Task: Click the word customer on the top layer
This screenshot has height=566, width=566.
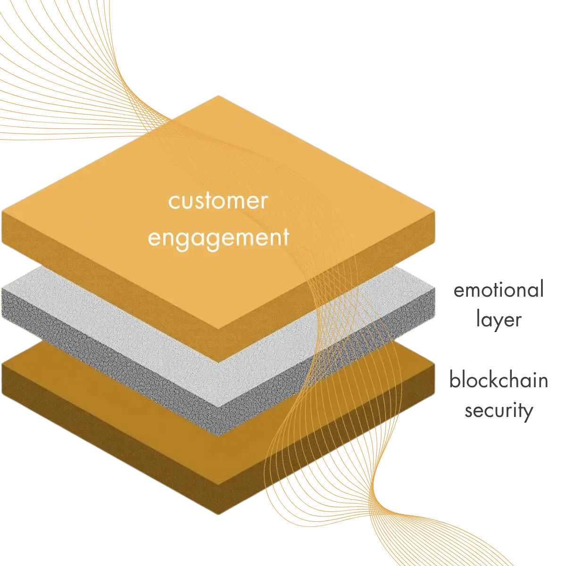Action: (218, 201)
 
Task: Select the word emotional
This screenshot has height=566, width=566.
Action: (499, 290)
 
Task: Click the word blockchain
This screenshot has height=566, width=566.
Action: (499, 380)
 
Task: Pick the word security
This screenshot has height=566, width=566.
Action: (499, 410)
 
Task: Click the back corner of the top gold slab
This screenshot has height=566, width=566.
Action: (218, 95)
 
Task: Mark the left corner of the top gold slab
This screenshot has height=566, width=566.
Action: (2, 211)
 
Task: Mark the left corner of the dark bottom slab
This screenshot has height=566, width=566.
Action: (2, 363)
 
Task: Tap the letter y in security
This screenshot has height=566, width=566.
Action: (527, 412)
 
